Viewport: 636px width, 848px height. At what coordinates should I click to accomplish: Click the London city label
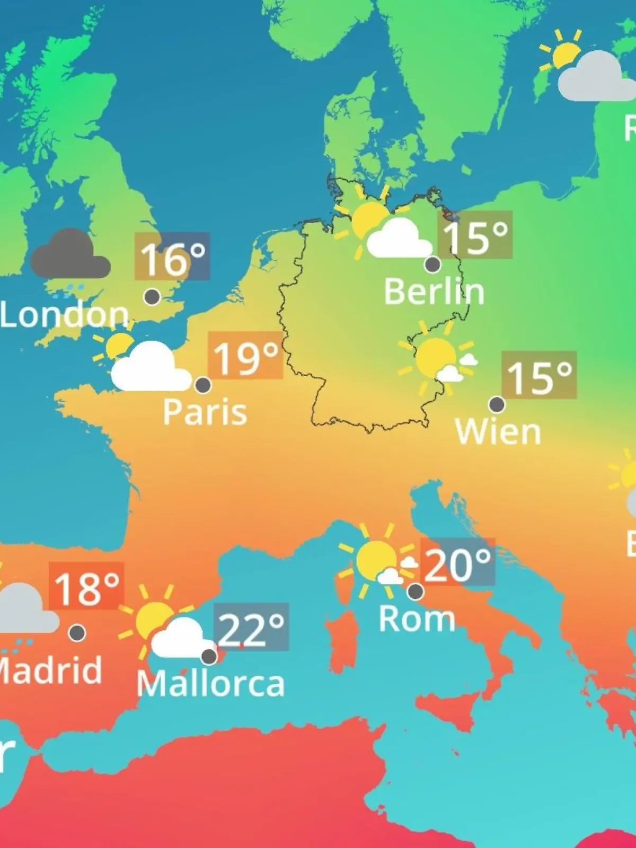tap(65, 315)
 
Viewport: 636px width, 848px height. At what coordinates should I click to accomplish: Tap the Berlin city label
tap(434, 291)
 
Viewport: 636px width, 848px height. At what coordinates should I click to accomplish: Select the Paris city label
tap(205, 412)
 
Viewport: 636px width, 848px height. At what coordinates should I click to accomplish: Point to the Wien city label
tap(498, 432)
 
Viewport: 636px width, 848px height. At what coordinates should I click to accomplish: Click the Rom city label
tap(417, 619)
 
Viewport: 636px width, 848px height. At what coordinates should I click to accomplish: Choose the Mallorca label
tap(211, 684)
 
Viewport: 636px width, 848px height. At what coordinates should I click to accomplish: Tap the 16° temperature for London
tap(172, 257)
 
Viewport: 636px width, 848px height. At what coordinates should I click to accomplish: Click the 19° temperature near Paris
tap(245, 356)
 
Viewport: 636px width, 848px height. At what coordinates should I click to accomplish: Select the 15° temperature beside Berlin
tap(475, 235)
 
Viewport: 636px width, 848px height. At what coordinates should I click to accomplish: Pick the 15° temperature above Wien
tap(539, 375)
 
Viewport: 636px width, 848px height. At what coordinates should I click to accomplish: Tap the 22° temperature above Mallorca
tap(251, 628)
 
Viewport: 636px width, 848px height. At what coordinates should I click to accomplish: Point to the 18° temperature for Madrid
tap(86, 587)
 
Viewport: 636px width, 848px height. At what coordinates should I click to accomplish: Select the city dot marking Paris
tap(203, 385)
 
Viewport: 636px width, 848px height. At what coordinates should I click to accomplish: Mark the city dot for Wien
tap(497, 404)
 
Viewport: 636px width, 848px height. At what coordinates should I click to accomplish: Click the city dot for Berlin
tap(433, 264)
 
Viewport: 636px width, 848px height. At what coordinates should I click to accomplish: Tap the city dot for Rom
tap(416, 590)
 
